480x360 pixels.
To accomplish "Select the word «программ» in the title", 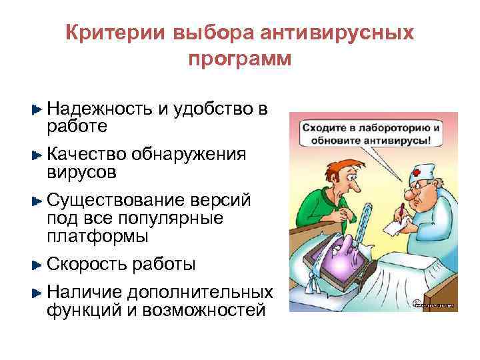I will [240, 59].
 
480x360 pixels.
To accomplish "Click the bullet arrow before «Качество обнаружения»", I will [37, 155].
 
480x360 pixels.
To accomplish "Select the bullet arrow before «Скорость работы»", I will [37, 265].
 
